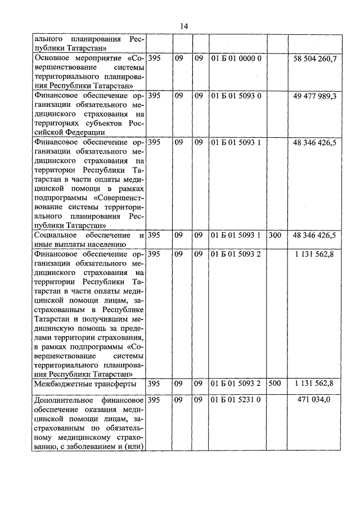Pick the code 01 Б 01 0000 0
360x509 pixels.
(x=236, y=59)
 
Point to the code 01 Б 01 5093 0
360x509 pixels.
(x=236, y=96)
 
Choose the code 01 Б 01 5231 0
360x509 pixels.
(x=236, y=400)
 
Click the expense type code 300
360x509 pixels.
(x=275, y=235)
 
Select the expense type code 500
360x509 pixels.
(x=275, y=384)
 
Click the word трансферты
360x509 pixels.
(x=117, y=384)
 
